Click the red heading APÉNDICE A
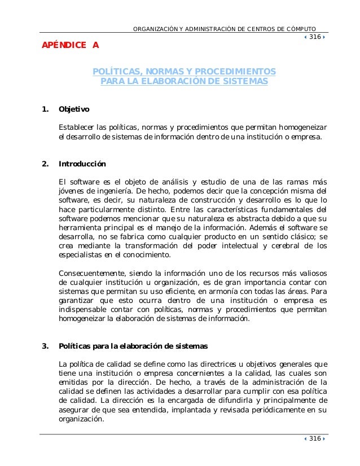click(68, 45)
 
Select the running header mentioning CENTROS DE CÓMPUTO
click(224, 29)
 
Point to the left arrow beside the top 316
click(306, 37)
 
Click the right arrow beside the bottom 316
click(325, 439)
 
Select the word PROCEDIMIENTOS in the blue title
click(237, 72)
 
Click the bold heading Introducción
click(82, 164)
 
